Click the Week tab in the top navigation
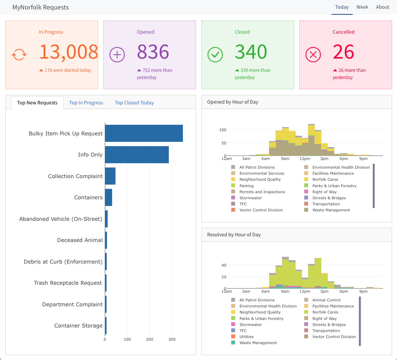click(362, 7)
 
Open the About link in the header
click(383, 7)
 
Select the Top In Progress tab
click(86, 103)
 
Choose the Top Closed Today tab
click(134, 103)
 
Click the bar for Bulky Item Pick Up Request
click(144, 133)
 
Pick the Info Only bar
click(137, 155)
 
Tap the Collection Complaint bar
click(110, 176)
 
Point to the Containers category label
click(88, 197)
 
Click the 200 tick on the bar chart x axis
click(150, 339)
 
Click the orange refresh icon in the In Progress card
click(19, 55)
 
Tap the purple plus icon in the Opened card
click(117, 55)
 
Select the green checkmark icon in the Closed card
click(215, 55)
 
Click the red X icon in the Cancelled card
click(313, 55)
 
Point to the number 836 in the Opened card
click(153, 52)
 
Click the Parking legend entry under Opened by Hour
click(246, 186)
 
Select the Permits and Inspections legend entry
click(262, 192)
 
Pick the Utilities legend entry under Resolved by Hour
click(246, 337)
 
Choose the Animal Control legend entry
click(326, 300)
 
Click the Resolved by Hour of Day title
click(234, 235)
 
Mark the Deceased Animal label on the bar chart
click(80, 240)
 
